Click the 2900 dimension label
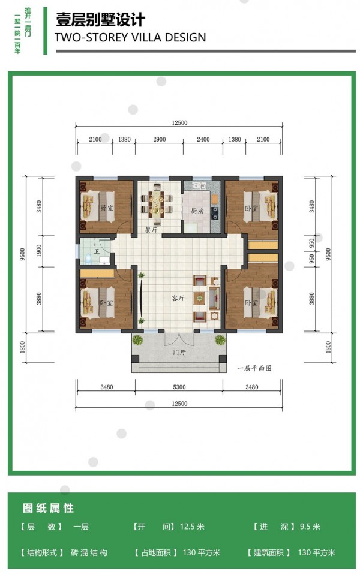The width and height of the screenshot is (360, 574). [160, 139]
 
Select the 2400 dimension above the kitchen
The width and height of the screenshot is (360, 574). [203, 139]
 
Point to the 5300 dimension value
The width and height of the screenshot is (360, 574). [179, 387]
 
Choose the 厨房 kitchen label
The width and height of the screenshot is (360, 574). [197, 211]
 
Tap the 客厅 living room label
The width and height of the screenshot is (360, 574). [178, 298]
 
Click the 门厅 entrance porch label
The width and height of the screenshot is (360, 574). [179, 352]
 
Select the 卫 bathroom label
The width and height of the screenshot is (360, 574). [97, 251]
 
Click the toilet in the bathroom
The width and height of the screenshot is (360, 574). [88, 259]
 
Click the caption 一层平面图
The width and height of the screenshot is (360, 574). [254, 368]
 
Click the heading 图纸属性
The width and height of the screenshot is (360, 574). [49, 508]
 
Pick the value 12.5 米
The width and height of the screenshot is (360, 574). [192, 527]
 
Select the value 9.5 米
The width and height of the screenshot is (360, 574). [310, 527]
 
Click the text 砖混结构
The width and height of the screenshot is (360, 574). [89, 552]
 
